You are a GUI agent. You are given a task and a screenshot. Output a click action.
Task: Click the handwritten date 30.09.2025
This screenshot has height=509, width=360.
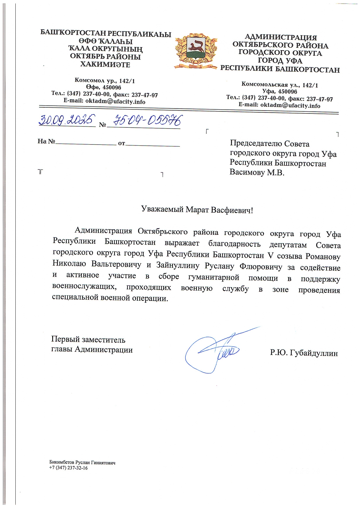[67, 120]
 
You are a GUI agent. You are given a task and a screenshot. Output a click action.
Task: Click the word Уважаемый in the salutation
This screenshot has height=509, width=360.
[162, 209]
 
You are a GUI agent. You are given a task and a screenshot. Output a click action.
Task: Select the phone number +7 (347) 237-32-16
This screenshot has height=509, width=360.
[68, 468]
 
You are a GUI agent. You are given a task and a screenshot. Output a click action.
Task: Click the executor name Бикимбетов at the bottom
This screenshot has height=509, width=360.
[62, 463]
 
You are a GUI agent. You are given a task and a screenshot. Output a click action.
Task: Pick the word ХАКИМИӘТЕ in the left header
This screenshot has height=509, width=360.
[105, 65]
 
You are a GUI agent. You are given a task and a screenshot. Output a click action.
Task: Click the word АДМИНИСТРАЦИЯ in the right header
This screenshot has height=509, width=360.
[281, 37]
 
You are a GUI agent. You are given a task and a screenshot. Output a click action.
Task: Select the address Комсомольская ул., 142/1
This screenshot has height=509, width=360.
[280, 85]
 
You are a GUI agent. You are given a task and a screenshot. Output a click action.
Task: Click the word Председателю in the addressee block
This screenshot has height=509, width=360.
[256, 144]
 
